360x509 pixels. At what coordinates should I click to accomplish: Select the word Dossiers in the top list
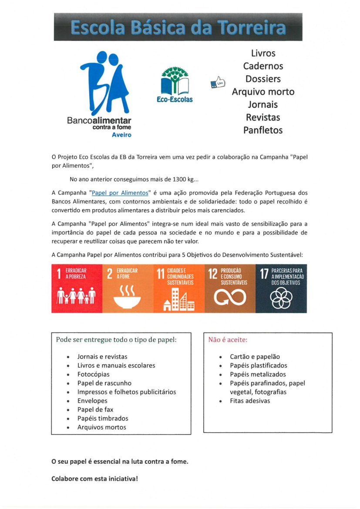coord(263,79)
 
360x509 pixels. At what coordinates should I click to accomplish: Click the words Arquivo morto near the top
coord(263,92)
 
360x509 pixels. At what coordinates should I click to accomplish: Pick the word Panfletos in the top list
coord(263,130)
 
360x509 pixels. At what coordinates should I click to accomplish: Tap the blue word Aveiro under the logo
coord(121,135)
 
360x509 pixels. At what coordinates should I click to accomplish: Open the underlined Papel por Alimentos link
coord(120,192)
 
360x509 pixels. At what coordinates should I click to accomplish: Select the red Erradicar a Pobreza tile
coord(77,288)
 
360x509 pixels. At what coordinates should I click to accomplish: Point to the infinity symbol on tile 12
coord(229,298)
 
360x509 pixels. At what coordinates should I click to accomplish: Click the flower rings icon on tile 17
coord(281,298)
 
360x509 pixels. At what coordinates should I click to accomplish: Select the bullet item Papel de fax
coord(95,409)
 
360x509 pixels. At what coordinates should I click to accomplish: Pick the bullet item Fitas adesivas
coord(250,401)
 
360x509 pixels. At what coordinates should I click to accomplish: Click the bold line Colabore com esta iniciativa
coord(94,479)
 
